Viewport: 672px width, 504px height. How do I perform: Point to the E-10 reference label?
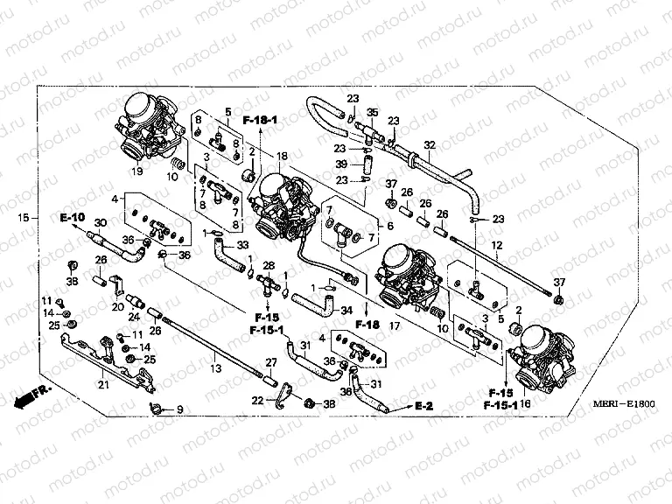(x=73, y=216)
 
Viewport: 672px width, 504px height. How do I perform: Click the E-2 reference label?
(x=425, y=407)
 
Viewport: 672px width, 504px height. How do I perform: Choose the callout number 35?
(x=371, y=113)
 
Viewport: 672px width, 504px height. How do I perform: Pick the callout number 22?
(x=257, y=402)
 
